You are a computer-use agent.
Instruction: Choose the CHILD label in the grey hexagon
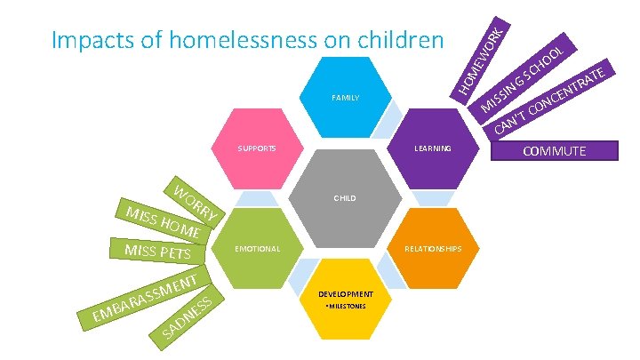pos(345,198)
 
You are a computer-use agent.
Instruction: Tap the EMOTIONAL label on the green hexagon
pos(256,249)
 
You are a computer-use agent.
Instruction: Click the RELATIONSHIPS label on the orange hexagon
pos(433,249)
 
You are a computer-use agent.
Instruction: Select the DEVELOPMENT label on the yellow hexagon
pos(346,292)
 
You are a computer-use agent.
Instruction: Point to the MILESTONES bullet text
pos(345,306)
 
